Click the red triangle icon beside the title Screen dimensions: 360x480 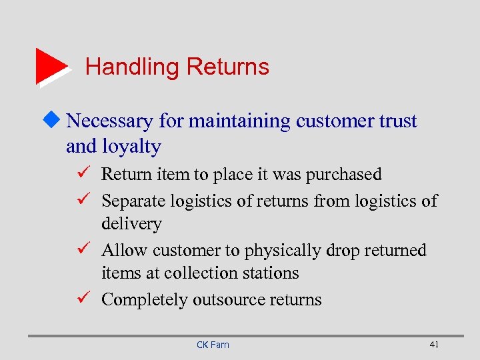51,66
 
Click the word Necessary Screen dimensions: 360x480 110,121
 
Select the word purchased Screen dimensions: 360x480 343,175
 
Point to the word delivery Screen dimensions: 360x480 131,223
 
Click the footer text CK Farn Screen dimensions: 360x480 213,345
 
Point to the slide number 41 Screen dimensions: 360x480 434,344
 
